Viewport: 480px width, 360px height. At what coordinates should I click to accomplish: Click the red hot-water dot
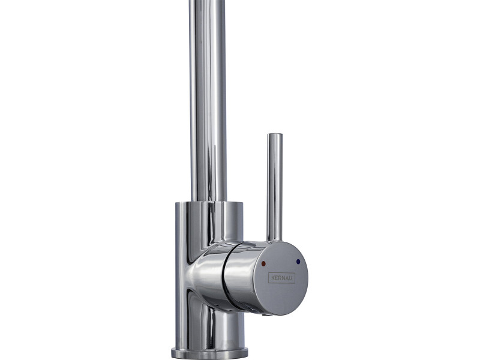pyautogui.click(x=263, y=263)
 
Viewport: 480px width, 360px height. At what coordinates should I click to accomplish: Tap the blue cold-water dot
pyautogui.click(x=298, y=262)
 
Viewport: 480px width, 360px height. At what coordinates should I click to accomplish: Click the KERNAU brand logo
pyautogui.click(x=281, y=278)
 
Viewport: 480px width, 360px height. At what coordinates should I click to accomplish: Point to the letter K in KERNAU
pyautogui.click(x=272, y=278)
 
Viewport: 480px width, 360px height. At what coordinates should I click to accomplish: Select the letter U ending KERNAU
pyautogui.click(x=291, y=278)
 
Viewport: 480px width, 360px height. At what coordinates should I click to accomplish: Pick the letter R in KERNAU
pyautogui.click(x=280, y=278)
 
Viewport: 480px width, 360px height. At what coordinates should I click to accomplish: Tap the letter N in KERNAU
pyautogui.click(x=283, y=278)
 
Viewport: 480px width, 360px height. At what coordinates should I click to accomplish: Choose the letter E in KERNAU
pyautogui.click(x=276, y=278)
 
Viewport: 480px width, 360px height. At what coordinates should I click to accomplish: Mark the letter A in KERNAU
pyautogui.click(x=287, y=278)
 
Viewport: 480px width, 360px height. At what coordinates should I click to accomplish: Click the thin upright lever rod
pyautogui.click(x=275, y=187)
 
